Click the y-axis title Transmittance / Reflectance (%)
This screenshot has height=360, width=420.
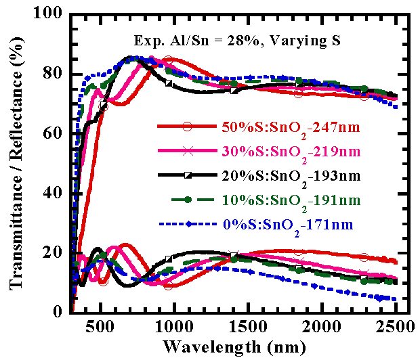[14, 162]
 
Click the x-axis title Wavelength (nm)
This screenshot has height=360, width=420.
[230, 346]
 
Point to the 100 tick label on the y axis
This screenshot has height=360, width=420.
[49, 14]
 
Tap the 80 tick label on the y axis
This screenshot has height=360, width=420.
[54, 74]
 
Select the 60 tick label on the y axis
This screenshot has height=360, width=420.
[54, 133]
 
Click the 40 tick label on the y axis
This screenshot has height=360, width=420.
[54, 193]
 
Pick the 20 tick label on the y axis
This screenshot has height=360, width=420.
[54, 252]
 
